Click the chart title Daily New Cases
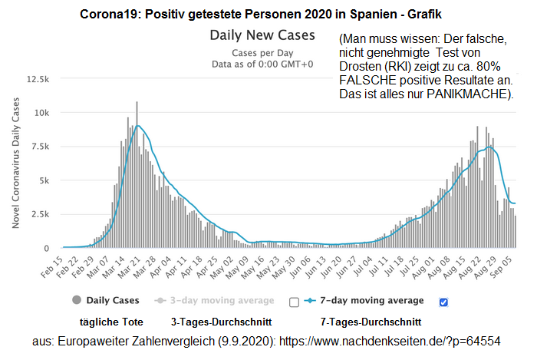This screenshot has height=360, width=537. [x=263, y=35]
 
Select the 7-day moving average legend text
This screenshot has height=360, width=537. [x=376, y=299]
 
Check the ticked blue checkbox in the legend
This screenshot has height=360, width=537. [x=443, y=302]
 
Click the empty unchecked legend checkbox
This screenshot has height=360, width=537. [x=294, y=302]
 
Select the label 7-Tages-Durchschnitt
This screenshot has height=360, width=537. [x=371, y=320]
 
